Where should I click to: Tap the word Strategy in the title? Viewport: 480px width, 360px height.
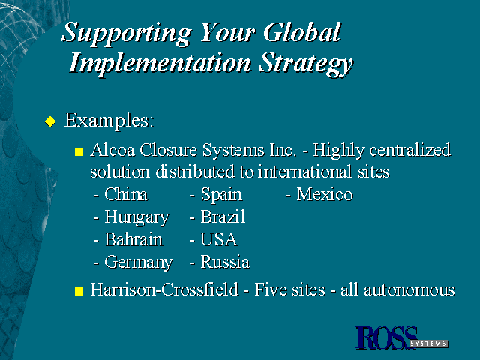[306, 64]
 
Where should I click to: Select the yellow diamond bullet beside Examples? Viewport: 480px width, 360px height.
[50, 121]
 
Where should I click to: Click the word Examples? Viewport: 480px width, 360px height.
[109, 121]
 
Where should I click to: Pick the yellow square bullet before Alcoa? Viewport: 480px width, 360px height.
[79, 151]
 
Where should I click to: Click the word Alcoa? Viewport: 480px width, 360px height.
[112, 150]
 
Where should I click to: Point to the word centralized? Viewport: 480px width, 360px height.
[410, 150]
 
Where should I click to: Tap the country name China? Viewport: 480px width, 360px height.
[126, 194]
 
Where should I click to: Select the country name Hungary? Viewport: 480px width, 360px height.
[136, 218]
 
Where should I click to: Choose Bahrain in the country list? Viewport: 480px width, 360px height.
[133, 239]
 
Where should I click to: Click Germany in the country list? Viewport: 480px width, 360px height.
[139, 262]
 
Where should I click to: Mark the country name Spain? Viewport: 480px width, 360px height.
[221, 195]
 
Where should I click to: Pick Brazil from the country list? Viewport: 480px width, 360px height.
[223, 217]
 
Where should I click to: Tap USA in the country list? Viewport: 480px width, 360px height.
[219, 239]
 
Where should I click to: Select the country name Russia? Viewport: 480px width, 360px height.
[225, 262]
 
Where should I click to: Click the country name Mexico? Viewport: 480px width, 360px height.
[325, 194]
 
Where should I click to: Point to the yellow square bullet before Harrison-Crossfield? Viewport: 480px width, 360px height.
[79, 291]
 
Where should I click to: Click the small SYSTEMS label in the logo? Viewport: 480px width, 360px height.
[429, 343]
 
